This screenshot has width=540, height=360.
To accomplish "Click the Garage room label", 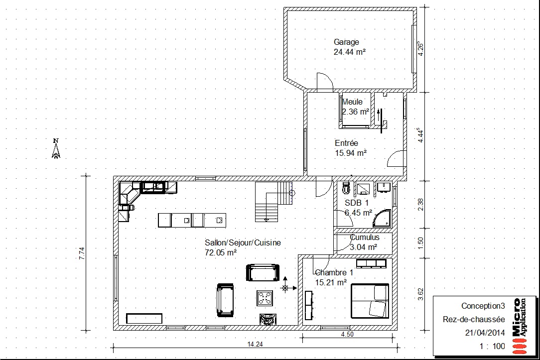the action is coord(346,42).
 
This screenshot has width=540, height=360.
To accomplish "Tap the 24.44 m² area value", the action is coord(349,52).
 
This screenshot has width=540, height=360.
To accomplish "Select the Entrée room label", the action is coord(346,143).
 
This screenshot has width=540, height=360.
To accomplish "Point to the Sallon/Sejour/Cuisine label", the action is coord(243,242).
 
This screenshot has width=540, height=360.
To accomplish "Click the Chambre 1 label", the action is coord(334,272).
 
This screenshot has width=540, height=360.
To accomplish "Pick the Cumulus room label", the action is coord(365,237).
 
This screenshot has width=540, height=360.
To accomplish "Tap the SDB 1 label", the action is coord(357,203).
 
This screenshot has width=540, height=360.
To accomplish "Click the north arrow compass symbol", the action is coord(56,148).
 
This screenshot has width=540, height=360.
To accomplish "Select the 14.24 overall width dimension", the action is coord(255,344).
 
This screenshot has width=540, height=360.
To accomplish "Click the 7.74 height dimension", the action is coord(82,253).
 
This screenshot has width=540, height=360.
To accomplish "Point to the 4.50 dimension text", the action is coord(347,334).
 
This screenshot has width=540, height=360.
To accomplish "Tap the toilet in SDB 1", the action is coord(346,188).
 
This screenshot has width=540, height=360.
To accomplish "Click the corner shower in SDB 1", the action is coord(382,218).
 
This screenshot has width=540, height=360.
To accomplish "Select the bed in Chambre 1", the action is coord(370,300).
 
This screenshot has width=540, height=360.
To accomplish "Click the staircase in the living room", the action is coord(274,202).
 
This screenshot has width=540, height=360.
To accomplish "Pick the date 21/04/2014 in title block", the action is coord(485,333).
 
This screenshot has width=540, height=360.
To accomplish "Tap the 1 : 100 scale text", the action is coord(493,346).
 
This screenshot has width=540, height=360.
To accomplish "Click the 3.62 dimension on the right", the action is coord(420,294).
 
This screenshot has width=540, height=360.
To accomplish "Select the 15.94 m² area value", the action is coord(351,153).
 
